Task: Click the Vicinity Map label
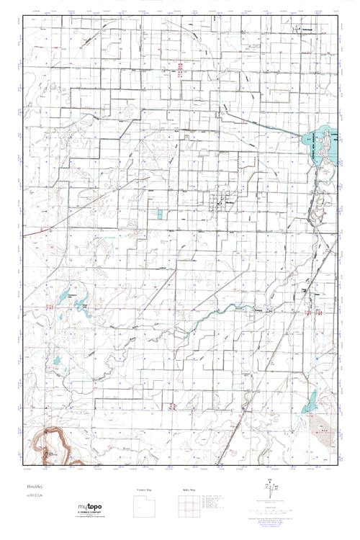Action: point(145,490)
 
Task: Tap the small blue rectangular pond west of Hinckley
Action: point(159,215)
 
